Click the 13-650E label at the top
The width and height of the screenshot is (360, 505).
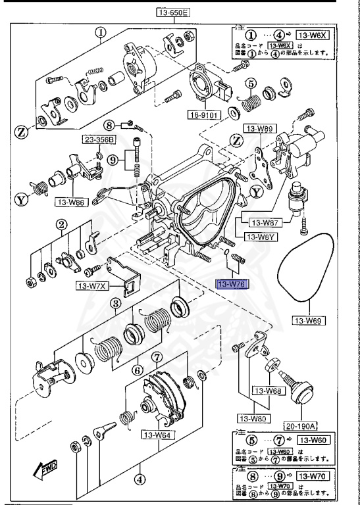[x=172, y=12]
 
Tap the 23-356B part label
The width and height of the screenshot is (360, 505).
[x=98, y=139]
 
